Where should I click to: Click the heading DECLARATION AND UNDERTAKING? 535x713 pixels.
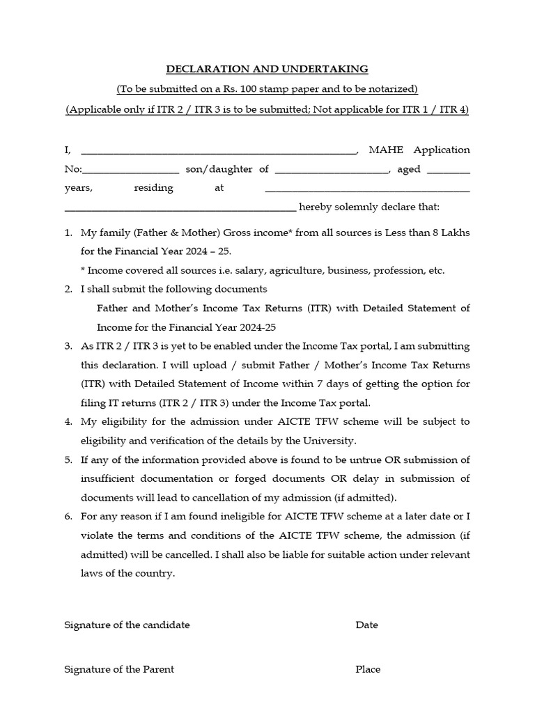click(x=267, y=69)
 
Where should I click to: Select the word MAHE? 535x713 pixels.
click(x=386, y=150)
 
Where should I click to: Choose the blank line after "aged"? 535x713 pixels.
click(x=448, y=170)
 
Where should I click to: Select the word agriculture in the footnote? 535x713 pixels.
click(x=268, y=270)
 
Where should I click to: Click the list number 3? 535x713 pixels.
click(x=68, y=346)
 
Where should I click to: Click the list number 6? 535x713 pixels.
click(x=68, y=517)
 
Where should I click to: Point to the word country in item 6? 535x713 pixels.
click(x=155, y=573)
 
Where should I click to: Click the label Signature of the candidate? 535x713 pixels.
click(x=127, y=625)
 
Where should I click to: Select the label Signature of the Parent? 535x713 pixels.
click(x=119, y=669)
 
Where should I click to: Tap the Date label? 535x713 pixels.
click(x=366, y=625)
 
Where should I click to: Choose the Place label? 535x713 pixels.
click(x=368, y=669)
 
